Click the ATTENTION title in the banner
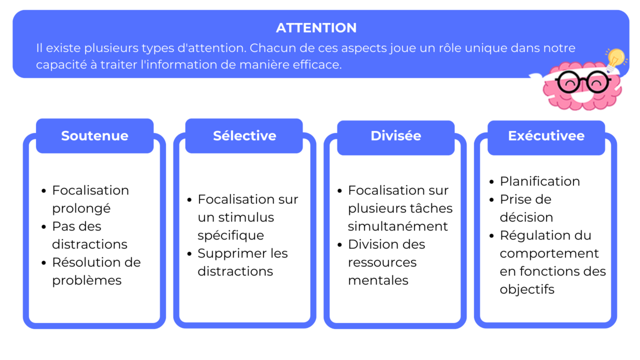click(316, 28)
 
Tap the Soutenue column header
click(94, 136)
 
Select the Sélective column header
click(244, 136)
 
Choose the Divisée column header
click(395, 136)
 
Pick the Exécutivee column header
click(546, 136)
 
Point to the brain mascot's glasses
click(582, 81)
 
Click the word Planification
click(540, 181)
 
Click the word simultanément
click(398, 226)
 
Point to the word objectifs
click(527, 289)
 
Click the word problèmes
click(87, 280)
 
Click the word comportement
click(549, 253)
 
